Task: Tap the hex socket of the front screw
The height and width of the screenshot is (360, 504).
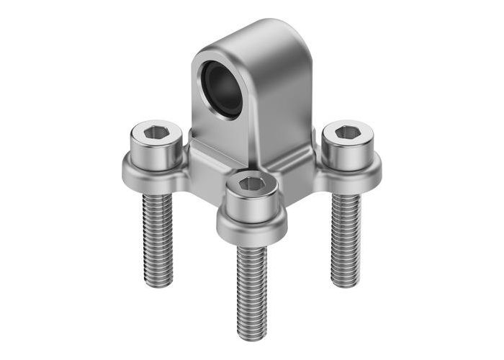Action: [x=252, y=184]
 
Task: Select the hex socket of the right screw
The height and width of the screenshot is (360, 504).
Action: [x=348, y=132]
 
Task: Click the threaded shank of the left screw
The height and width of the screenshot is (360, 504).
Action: [x=158, y=238]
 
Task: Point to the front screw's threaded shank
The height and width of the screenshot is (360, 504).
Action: [x=252, y=288]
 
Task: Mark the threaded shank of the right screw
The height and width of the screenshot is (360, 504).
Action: [x=345, y=238]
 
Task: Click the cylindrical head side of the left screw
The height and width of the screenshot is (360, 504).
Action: [x=156, y=153]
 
